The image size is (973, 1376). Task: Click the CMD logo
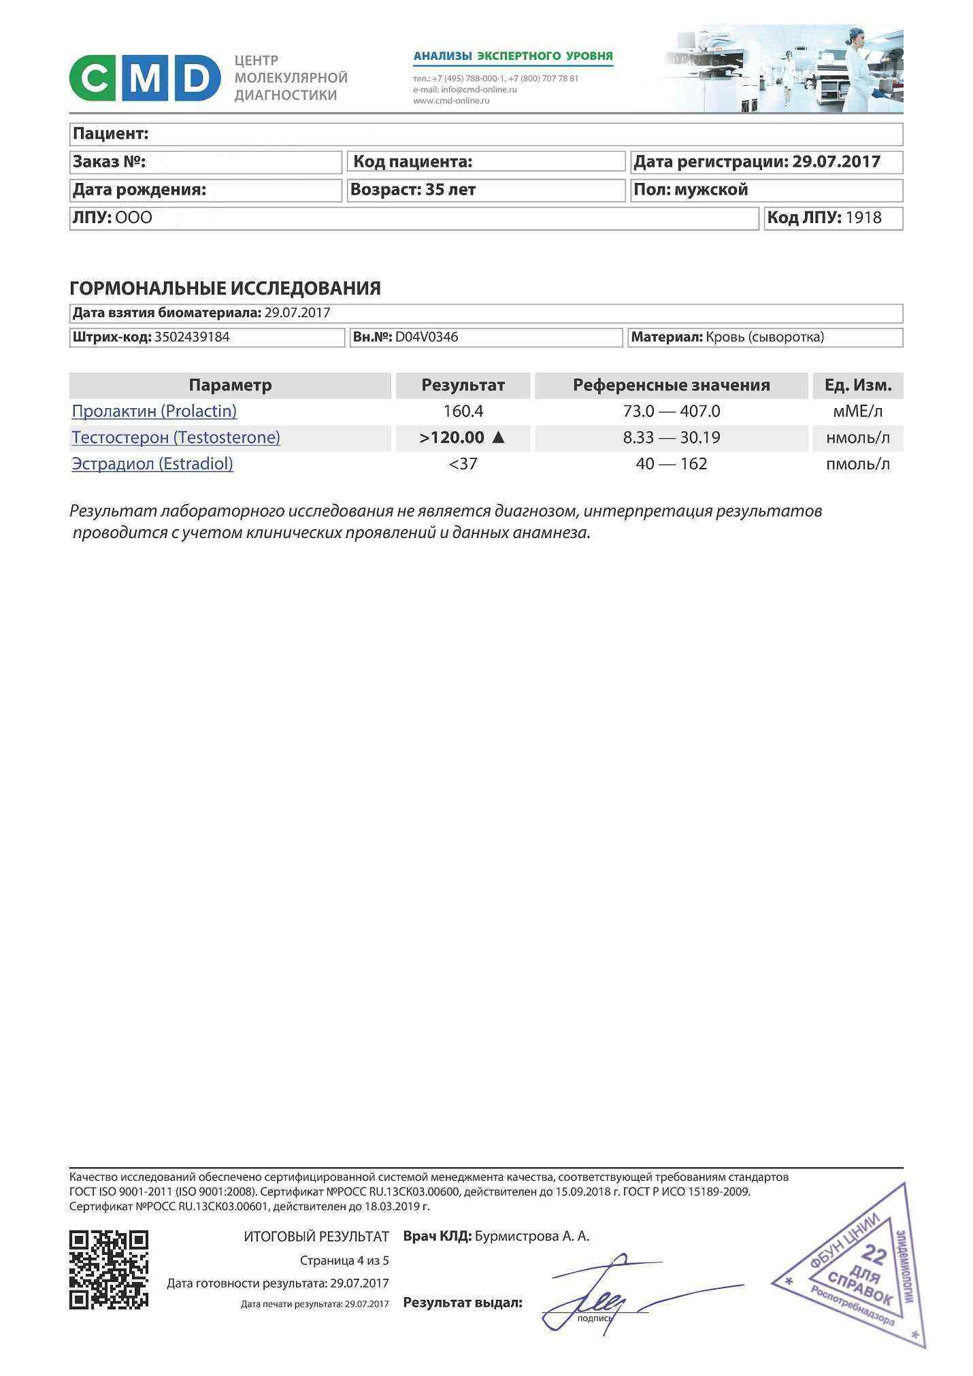coord(145,78)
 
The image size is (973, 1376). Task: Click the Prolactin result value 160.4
coord(463,412)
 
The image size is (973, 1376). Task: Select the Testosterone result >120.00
coord(452,437)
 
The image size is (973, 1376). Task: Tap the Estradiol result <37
coord(463,464)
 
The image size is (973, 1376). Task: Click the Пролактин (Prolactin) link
coord(154,412)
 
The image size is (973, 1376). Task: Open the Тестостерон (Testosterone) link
coord(176,437)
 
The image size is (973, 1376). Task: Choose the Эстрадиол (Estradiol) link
coord(152,464)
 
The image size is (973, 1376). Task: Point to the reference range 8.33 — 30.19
coord(671,437)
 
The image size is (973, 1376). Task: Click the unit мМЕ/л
coord(857,412)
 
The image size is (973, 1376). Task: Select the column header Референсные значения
coord(671,385)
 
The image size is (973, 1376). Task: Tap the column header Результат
coord(463,385)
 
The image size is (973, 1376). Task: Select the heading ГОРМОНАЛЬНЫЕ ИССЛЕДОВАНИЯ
coord(225,288)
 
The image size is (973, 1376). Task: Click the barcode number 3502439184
coord(192,337)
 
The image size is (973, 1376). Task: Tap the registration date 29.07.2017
coord(836,162)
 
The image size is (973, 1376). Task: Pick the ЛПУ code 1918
coord(863,218)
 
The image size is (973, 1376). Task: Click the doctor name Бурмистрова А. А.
coord(532,1236)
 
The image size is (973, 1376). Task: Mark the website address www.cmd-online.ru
coord(451,101)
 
